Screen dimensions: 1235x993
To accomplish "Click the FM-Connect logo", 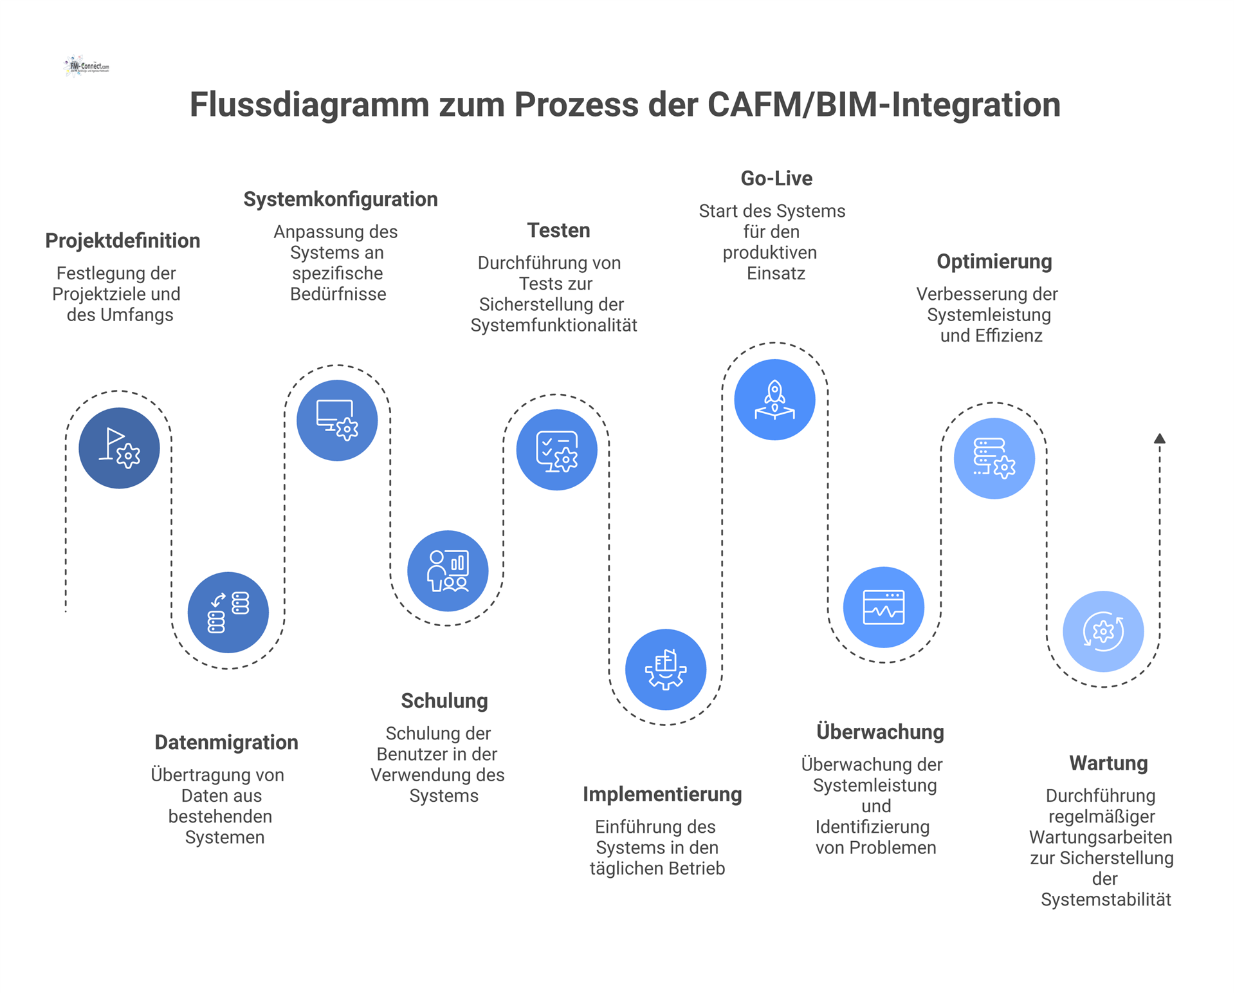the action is [x=87, y=66].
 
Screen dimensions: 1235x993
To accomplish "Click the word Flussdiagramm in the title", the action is [x=309, y=104].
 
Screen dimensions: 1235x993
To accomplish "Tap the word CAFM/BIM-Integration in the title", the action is [x=884, y=104].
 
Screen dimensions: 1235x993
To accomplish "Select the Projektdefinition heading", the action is [x=122, y=241].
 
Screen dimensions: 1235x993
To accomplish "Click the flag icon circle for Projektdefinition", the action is [x=119, y=448].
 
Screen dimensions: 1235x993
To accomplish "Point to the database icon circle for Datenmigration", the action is [x=228, y=612].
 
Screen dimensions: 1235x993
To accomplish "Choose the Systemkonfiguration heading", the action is [x=340, y=199].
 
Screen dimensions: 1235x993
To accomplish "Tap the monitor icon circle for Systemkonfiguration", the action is [x=337, y=420].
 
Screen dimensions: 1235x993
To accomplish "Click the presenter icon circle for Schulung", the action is [x=448, y=571].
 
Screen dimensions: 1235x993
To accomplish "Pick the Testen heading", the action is [x=558, y=230].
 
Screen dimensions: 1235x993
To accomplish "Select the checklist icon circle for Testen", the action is [x=556, y=450].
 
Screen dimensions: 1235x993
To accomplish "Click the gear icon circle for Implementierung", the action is [x=666, y=669].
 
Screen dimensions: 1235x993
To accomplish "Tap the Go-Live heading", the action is [x=776, y=178].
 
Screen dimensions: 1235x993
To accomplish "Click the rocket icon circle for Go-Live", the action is [x=774, y=400].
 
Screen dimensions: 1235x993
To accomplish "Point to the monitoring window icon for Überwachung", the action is [x=884, y=607].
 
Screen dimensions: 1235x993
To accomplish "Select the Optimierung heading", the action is [x=994, y=261].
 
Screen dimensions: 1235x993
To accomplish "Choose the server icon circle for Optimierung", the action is [x=994, y=458].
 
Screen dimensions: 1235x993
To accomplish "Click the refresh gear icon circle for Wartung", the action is [x=1103, y=631].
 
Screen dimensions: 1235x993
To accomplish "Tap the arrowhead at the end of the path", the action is [x=1160, y=438].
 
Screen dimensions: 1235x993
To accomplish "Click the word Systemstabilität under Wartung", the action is [x=1106, y=900].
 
